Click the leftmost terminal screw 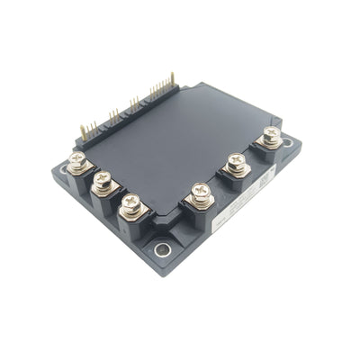(77, 162)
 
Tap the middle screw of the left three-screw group (103, 182)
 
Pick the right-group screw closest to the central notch (201, 191)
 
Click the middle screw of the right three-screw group (237, 163)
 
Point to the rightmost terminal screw (269, 137)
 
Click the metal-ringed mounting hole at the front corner (163, 251)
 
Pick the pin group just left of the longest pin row (135, 103)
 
